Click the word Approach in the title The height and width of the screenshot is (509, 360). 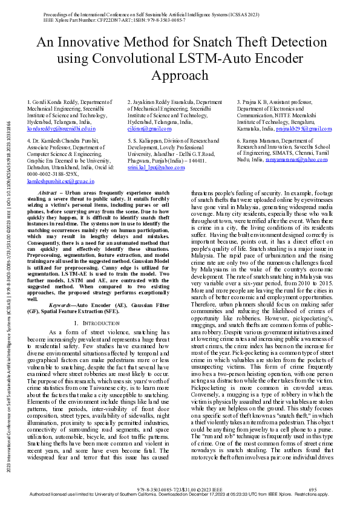point(180,76)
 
